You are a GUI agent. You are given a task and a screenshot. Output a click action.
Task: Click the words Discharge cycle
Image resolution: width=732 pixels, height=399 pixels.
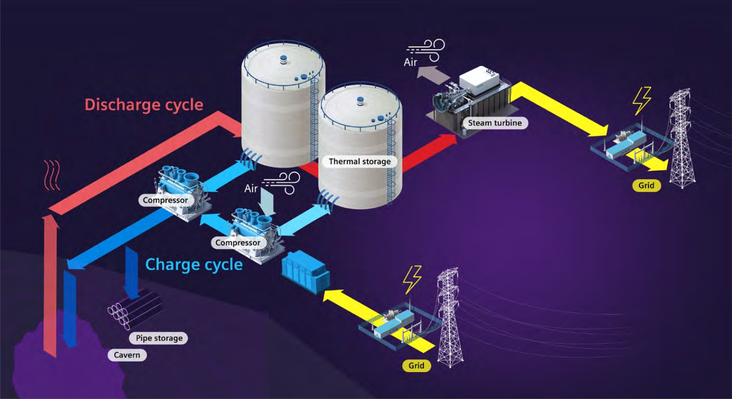coord(144,105)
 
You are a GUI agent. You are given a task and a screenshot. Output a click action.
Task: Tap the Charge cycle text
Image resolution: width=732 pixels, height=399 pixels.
coord(194,264)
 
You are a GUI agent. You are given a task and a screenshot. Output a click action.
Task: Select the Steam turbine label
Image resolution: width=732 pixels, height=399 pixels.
coord(495,123)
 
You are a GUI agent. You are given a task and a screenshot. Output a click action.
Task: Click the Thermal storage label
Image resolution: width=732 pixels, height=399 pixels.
coord(359,162)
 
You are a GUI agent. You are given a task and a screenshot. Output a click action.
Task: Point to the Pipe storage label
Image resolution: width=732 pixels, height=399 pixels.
coord(159,338)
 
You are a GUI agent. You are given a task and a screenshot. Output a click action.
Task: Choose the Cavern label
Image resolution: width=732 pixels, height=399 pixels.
coord(127,355)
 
